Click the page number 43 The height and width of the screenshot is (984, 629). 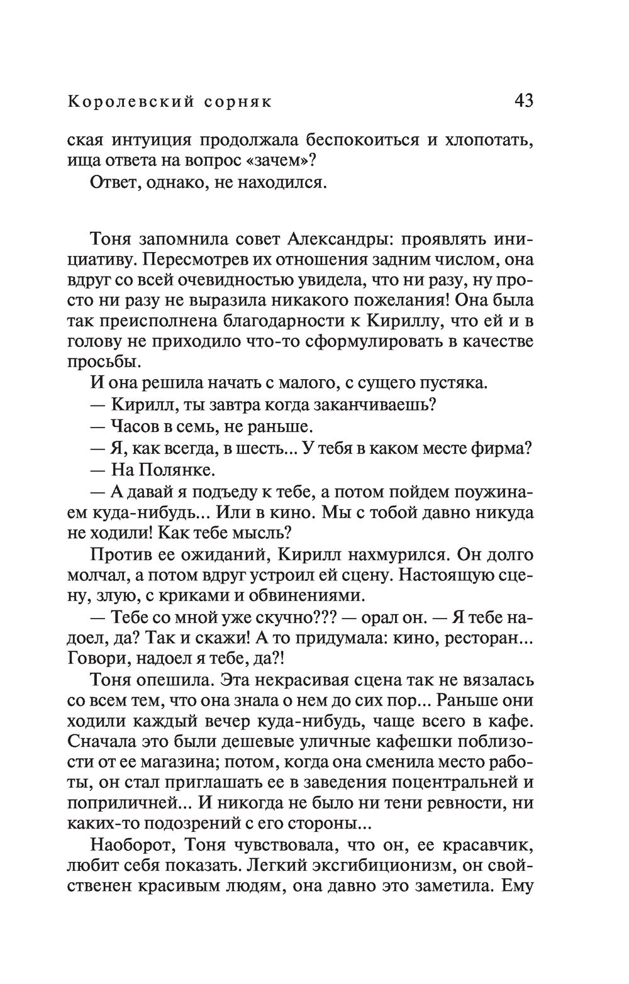523,100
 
